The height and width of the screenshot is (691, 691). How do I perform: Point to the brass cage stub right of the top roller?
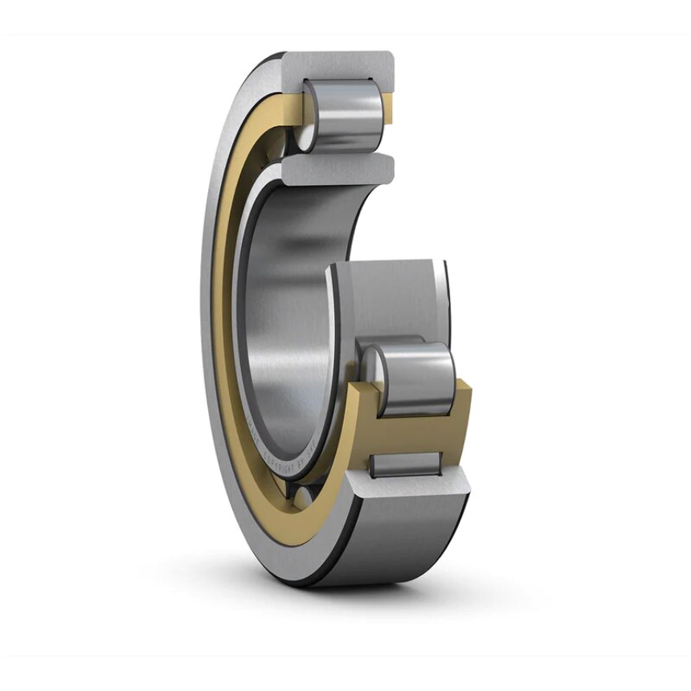coord(387,108)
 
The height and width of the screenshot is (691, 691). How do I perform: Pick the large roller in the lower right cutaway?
coord(418,378)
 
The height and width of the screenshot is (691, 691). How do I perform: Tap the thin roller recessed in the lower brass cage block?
coord(406,464)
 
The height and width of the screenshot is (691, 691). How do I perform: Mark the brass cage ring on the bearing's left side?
coord(228,321)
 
